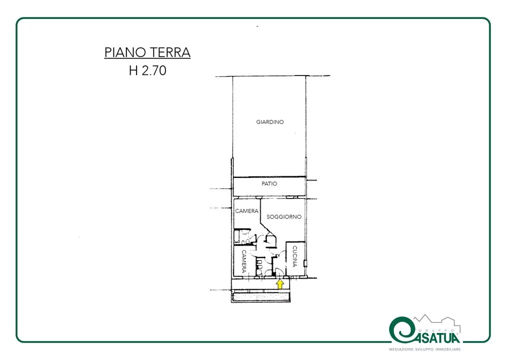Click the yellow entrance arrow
pos(280,284)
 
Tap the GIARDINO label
pos(270,122)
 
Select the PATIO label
pos(269,183)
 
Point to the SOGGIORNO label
pos(284,217)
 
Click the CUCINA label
pos(294,256)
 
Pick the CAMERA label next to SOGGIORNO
pos(246,211)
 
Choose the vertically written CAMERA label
pos(244,261)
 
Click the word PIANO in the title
pos(124,52)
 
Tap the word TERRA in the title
pos(169,52)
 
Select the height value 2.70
pos(154,70)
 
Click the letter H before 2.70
pos(133,70)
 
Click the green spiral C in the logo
pos(400,330)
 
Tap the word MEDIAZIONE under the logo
pos(401,349)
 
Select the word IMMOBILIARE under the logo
pos(448,349)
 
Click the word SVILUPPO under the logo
pos(424,349)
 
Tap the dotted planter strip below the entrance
pos(261,297)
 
